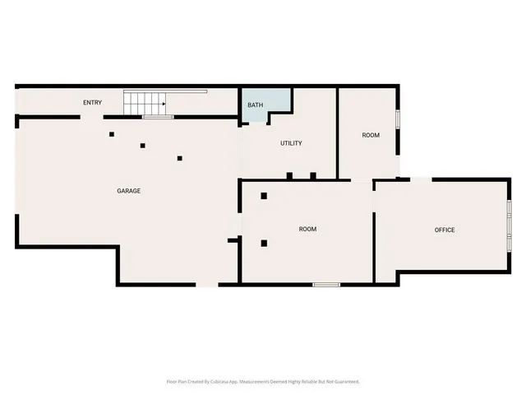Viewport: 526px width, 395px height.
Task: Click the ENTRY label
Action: (x=92, y=102)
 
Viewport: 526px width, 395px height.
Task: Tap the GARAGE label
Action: (x=128, y=191)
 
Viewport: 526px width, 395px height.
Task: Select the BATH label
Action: (x=256, y=105)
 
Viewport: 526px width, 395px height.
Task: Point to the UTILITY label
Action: (x=291, y=143)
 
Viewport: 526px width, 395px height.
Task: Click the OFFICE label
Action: (x=445, y=230)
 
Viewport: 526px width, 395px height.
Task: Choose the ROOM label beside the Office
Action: (x=307, y=229)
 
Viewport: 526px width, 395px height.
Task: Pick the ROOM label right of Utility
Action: (x=371, y=135)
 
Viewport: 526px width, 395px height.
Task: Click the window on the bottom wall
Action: (x=326, y=285)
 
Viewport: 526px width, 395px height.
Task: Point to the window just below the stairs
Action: (x=157, y=118)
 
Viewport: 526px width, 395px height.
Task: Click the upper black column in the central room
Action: (x=264, y=196)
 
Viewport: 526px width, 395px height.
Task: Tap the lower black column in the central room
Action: (x=264, y=243)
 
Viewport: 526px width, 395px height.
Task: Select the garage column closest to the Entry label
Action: (x=112, y=133)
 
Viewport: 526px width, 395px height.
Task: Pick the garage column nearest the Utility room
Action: (x=179, y=158)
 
